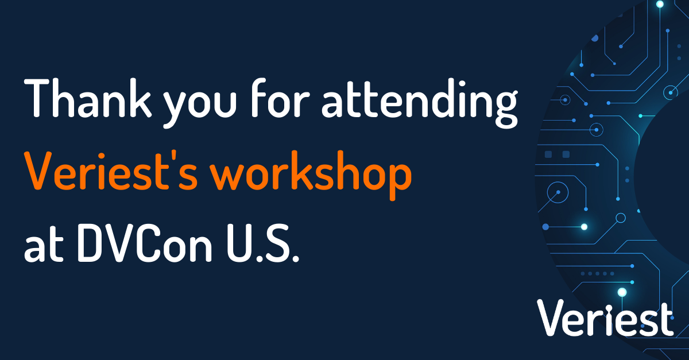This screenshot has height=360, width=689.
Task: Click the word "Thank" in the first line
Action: click(88, 98)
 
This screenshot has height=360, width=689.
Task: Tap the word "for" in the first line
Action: click(280, 98)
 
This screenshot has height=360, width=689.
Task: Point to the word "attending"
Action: click(420, 103)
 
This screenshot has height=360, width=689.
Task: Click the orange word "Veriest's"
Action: click(111, 170)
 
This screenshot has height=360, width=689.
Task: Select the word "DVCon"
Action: click(145, 243)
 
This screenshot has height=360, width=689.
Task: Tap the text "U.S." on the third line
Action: click(263, 243)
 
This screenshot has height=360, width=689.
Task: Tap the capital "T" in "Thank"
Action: click(40, 98)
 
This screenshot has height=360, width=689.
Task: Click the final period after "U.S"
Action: click(295, 258)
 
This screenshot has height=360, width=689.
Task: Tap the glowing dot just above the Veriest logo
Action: click(622, 292)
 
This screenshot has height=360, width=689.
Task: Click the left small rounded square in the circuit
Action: click(548, 154)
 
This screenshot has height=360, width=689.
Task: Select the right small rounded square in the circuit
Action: click(566, 154)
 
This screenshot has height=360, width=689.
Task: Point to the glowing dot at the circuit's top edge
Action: click(660, 4)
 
